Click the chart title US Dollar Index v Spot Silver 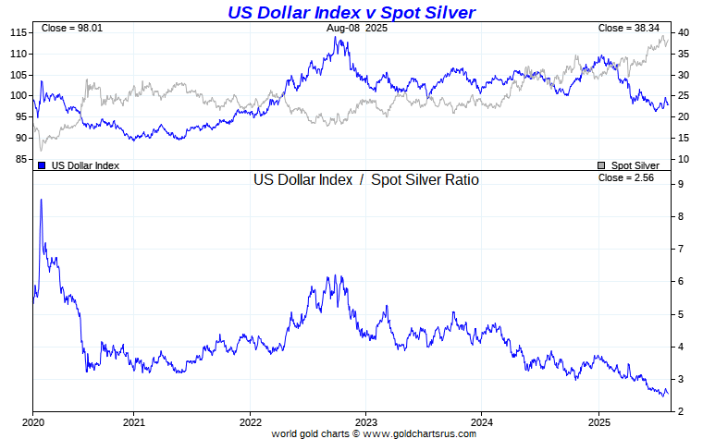click(351, 12)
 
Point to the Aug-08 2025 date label click(357, 29)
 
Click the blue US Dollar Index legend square click(42, 165)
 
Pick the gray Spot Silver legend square click(602, 165)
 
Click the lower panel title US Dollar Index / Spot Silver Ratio click(366, 180)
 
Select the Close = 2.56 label click(626, 177)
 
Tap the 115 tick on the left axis click(18, 32)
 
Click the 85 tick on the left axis click(20, 159)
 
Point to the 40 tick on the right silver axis click(682, 32)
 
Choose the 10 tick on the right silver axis click(682, 159)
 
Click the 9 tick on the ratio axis click(680, 185)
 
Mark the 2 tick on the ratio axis click(680, 411)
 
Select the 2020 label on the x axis click(33, 421)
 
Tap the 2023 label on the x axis click(366, 421)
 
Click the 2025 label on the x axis click(598, 421)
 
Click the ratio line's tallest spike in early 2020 click(41, 200)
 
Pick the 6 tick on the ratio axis click(680, 282)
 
